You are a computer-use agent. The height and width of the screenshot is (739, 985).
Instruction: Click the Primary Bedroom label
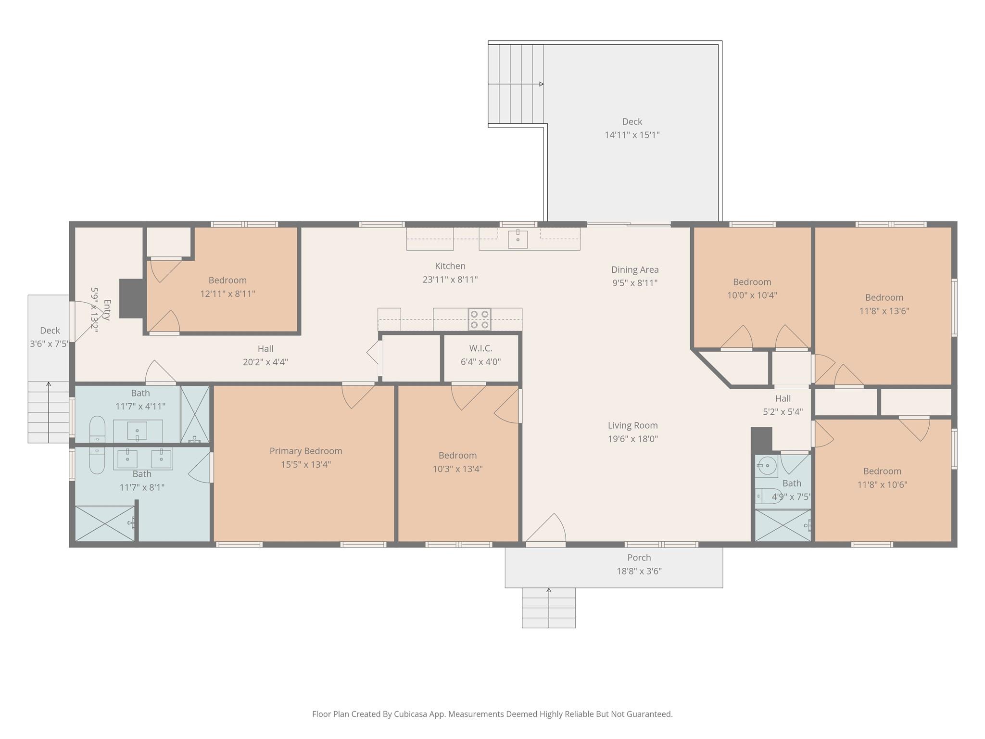[306, 451]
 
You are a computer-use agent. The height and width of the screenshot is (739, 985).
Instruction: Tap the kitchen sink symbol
[518, 239]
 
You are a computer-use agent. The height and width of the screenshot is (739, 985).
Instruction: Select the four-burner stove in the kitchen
[480, 319]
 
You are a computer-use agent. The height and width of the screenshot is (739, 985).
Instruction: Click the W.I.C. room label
[480, 348]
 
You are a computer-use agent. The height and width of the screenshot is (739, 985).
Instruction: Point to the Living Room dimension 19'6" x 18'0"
[632, 439]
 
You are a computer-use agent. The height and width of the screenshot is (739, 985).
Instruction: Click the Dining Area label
[634, 270]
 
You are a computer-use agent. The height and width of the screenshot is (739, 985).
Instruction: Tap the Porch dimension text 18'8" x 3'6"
[639, 571]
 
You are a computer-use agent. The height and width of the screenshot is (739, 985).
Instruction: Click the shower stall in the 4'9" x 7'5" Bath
[782, 525]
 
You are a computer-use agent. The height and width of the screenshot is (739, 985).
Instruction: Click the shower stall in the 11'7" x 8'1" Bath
[105, 523]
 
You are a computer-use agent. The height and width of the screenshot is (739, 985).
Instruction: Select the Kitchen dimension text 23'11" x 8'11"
[450, 280]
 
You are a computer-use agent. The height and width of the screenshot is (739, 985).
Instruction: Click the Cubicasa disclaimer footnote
[492, 714]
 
